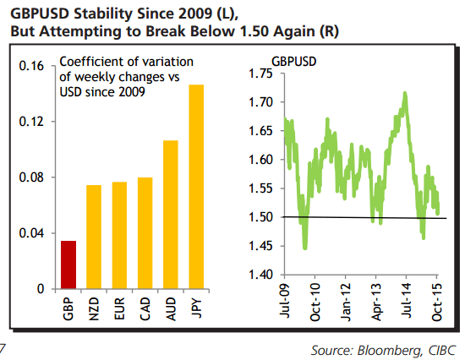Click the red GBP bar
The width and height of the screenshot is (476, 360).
(x=68, y=265)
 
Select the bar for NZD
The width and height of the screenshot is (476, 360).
(x=94, y=237)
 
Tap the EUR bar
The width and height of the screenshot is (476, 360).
(x=119, y=235)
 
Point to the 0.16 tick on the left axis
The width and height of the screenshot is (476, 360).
(x=33, y=66)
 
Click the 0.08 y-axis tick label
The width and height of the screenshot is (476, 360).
(x=33, y=177)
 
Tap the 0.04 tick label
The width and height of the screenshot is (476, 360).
(x=33, y=233)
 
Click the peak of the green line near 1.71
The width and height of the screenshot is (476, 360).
(x=406, y=93)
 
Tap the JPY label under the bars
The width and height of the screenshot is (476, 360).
(x=196, y=306)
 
